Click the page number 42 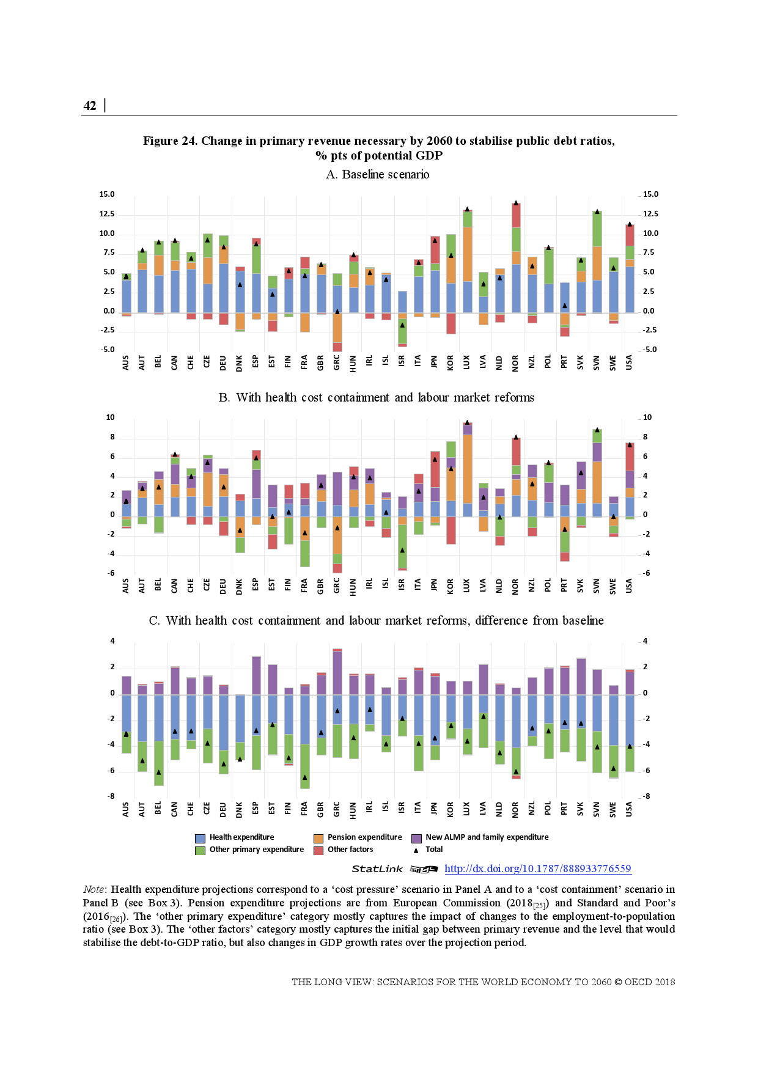pos(90,106)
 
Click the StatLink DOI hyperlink pos(537,868)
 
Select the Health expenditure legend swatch pos(200,839)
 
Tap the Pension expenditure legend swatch pos(318,839)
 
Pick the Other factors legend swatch pos(318,851)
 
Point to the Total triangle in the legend pos(416,850)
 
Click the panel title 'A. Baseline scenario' pos(377,175)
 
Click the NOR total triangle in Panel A pos(516,203)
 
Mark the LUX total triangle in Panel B pos(467,422)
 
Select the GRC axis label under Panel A pos(337,363)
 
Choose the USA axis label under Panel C pos(629,809)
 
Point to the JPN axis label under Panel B pos(434,586)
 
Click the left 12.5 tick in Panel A pos(107,214)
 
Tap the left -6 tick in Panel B pos(111,573)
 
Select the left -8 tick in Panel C pos(111,796)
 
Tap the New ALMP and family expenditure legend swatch pos(416,839)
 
